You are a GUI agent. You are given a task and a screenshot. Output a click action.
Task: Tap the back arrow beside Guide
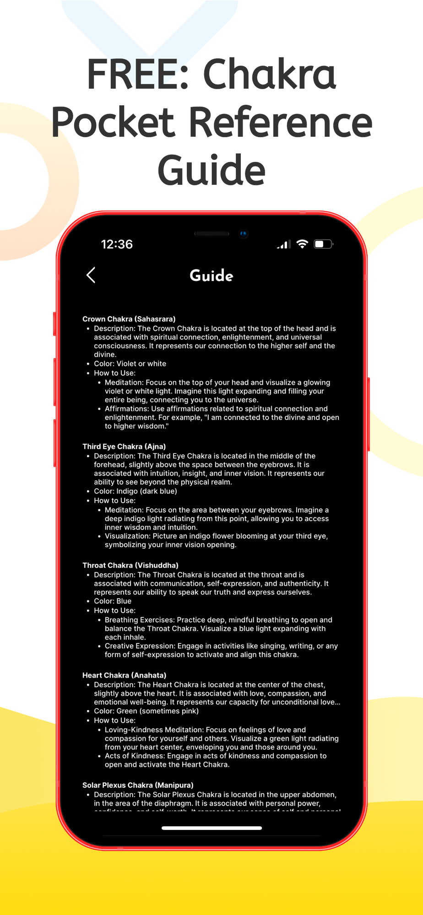(x=91, y=275)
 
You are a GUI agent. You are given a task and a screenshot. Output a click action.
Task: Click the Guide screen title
(x=211, y=276)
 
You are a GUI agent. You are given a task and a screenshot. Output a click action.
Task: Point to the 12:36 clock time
(x=117, y=244)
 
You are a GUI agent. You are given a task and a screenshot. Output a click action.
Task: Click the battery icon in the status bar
(x=323, y=244)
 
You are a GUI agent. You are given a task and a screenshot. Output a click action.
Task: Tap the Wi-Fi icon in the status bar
(x=302, y=244)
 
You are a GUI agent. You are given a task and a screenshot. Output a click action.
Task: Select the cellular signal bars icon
(x=283, y=245)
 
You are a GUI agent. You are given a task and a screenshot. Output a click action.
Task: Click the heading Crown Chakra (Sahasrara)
(x=129, y=319)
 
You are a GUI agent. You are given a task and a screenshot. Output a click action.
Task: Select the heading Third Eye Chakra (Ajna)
(x=124, y=447)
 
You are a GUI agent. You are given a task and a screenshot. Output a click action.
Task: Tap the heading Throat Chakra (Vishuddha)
(x=130, y=565)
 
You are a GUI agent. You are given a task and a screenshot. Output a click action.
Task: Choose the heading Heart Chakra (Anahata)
(x=125, y=675)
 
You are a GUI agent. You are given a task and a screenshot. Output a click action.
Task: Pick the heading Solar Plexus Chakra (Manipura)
(x=138, y=785)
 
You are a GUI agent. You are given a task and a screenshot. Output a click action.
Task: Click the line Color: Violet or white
(x=130, y=364)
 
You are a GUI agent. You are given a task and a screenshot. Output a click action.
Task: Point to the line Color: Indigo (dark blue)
(x=136, y=491)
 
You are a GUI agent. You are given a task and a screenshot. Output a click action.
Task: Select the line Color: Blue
(x=113, y=601)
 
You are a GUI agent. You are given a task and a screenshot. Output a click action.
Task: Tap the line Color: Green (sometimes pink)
(x=146, y=711)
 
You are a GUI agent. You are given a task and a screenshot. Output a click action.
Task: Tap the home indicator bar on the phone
(x=211, y=828)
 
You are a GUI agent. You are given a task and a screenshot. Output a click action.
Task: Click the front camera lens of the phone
(x=244, y=234)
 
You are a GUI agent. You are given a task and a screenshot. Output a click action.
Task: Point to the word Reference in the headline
(x=281, y=122)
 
